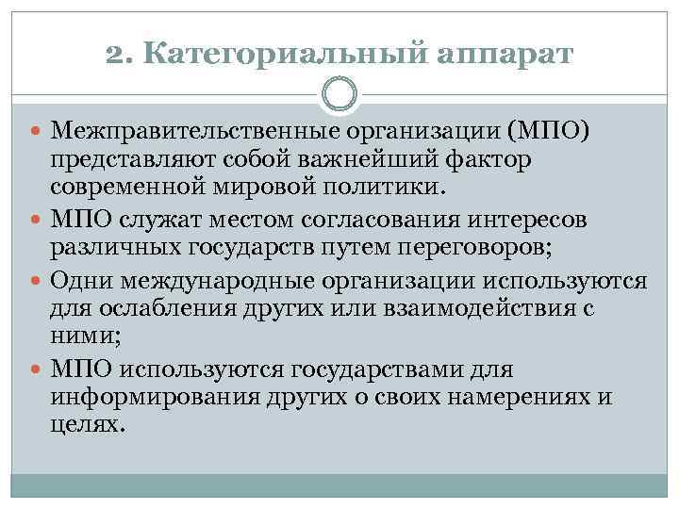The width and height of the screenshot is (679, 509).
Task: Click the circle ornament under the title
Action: [339, 94]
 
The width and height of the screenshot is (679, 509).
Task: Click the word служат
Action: [156, 221]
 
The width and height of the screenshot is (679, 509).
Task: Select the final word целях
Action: [87, 424]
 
